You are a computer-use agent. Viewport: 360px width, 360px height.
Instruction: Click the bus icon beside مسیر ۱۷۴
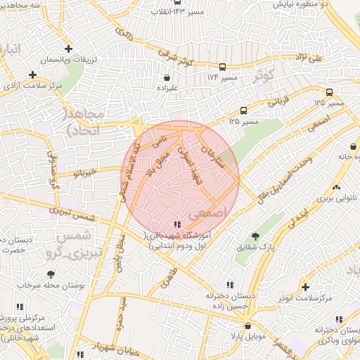222,67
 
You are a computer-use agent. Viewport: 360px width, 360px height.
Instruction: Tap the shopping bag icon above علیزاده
167,78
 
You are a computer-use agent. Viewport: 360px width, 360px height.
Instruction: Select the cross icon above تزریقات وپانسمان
67,49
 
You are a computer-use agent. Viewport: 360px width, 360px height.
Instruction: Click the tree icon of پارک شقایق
255,236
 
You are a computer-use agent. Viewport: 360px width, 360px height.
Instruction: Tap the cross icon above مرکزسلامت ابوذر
304,287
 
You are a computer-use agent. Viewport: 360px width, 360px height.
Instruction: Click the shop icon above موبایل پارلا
247,326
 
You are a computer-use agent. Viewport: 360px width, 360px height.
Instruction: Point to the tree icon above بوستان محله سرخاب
50,274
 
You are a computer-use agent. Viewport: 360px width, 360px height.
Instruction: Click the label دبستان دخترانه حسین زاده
219,302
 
